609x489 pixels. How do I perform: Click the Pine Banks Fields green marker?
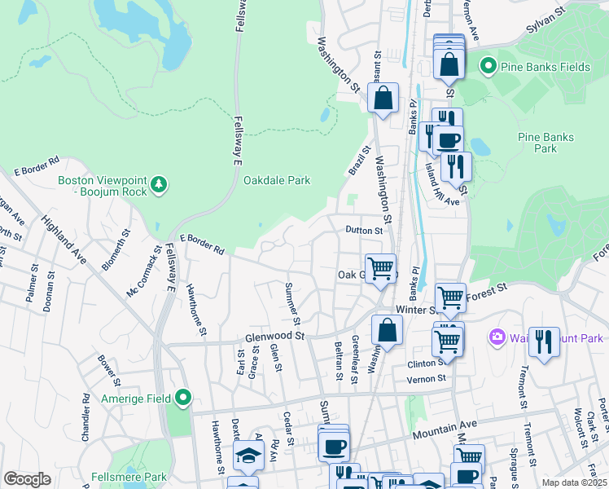tap(489, 65)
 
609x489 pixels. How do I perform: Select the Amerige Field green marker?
tap(183, 398)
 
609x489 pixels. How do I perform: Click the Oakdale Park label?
tap(277, 181)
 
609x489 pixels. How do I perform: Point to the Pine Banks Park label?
tap(545, 143)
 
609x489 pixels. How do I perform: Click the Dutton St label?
tap(363, 231)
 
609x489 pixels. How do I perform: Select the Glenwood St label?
tap(274, 336)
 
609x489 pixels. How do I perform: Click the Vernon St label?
tap(428, 379)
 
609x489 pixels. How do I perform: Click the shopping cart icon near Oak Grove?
tap(380, 268)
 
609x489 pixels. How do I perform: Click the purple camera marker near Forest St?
tap(497, 337)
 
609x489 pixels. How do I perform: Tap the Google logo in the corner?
tap(27, 479)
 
